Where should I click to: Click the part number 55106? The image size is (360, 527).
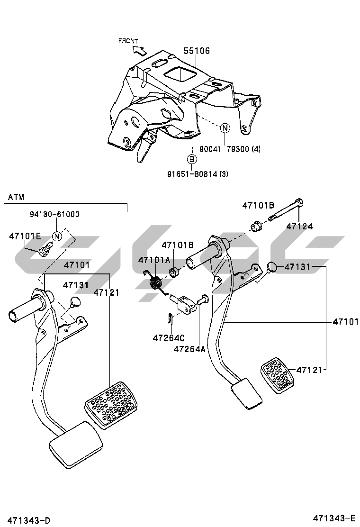pos(197,51)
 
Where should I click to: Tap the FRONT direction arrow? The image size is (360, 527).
pos(139,50)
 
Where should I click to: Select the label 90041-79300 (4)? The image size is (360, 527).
pos(230,148)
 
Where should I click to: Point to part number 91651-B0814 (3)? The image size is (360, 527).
pos(198,174)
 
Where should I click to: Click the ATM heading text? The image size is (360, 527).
pos(16,197)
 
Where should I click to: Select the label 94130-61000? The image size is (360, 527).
pos(54,214)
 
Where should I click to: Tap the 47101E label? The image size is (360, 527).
pos(25,236)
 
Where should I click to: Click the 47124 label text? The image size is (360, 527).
pos(299,227)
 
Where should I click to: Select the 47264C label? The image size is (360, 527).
pos(169,338)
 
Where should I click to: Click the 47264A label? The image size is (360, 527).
pos(189,349)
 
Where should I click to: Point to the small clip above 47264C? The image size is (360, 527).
pos(170,319)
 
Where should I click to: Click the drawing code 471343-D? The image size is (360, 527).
pos(29,520)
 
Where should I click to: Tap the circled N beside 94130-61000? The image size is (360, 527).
pos(57,236)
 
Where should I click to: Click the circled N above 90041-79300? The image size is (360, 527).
pos(225,128)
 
